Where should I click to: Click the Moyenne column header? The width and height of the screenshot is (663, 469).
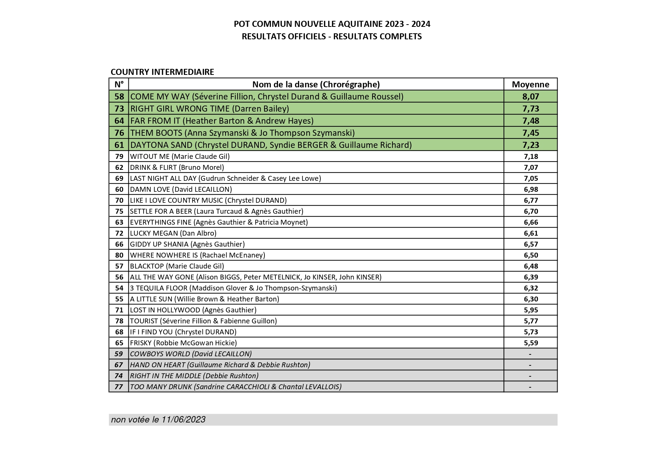530,84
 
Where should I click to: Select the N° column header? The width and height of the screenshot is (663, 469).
119,84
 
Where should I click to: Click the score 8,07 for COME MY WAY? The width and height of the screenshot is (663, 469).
530,96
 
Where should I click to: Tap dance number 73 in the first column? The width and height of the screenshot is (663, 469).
119,109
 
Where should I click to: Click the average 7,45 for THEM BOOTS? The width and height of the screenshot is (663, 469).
530,133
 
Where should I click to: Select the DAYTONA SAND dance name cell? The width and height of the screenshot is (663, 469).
271,145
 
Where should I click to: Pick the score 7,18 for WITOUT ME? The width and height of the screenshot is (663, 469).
530,156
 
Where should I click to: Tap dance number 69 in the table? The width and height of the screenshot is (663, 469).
119,178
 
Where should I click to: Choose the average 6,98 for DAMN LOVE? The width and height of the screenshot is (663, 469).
530,189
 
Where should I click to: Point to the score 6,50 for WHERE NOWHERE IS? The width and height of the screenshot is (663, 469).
530,255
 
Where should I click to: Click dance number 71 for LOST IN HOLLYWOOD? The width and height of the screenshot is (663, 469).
119,310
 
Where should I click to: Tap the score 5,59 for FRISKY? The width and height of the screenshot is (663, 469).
530,343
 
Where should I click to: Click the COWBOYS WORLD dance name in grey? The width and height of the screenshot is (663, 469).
191,354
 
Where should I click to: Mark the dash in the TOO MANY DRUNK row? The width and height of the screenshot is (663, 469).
530,387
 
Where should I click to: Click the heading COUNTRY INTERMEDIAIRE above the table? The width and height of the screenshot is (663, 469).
162,72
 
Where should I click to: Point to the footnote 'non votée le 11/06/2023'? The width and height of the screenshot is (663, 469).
158,419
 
